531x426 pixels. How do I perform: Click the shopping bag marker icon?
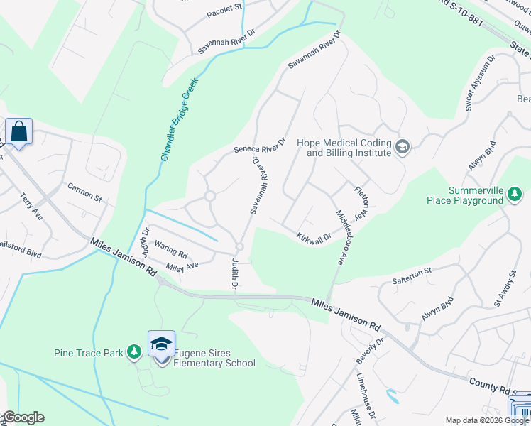coord(18,131)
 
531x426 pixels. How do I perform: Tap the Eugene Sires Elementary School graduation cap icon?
coord(162,344)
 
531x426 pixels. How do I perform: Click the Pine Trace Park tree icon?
coord(133,351)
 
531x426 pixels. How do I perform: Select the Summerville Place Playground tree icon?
coord(515,193)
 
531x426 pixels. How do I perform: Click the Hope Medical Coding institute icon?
coord(403,147)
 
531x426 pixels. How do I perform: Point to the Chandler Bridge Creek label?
coord(178,119)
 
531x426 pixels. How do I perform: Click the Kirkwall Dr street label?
coord(314,237)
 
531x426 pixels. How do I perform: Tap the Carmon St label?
coord(84,191)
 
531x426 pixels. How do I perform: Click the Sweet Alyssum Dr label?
coord(478,86)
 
